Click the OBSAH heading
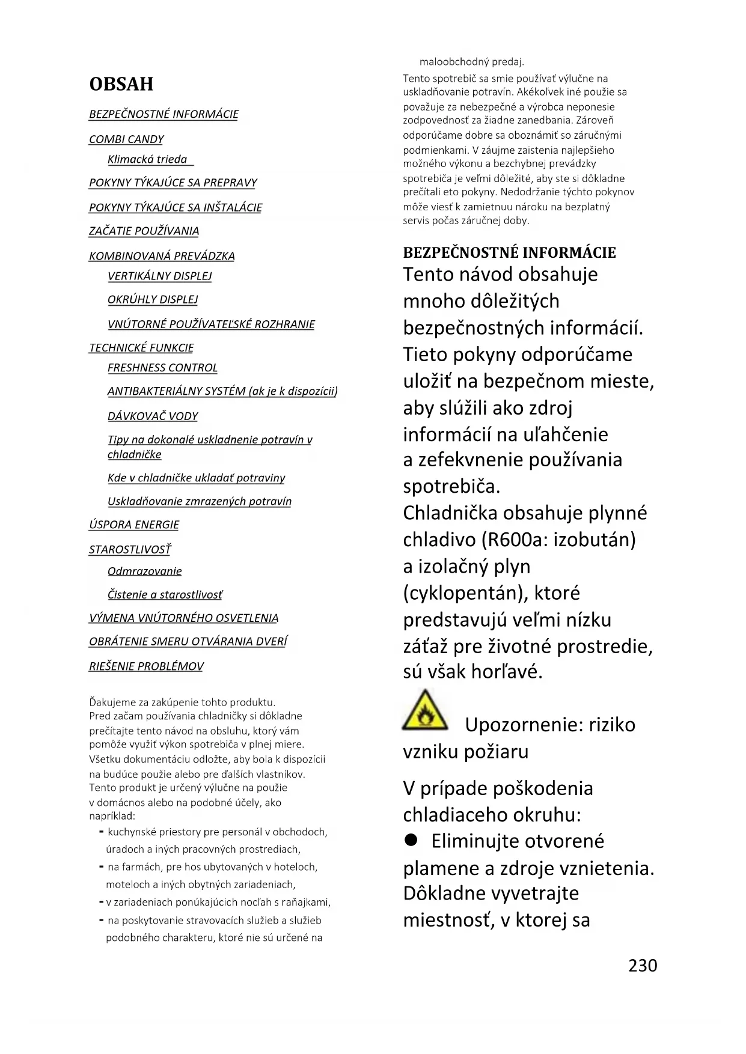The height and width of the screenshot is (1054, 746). pos(121,84)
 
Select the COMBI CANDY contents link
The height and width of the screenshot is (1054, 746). pos(126,139)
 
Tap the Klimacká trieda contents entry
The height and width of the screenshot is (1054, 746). pos(147,159)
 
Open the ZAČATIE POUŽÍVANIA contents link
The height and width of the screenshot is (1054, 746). pos(144,231)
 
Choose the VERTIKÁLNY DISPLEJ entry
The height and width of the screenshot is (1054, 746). pos(159,276)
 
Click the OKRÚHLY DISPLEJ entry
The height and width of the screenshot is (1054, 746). pos(153,299)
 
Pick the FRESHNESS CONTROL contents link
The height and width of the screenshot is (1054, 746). pos(162,368)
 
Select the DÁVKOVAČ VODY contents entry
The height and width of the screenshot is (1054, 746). pos(153,416)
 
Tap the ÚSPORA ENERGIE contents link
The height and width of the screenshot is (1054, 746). pos(134,525)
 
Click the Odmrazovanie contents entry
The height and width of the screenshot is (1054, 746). pos(144,571)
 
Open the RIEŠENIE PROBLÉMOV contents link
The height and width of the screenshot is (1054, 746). pos(146,666)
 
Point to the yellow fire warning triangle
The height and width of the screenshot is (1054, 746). pos(425,711)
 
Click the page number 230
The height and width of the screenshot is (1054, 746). pos(643,965)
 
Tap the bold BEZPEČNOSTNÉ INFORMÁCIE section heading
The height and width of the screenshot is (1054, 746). pos(509,252)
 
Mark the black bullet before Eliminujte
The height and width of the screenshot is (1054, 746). pos(411,840)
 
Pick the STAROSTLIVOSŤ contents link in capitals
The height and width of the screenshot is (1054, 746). pos(130,549)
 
